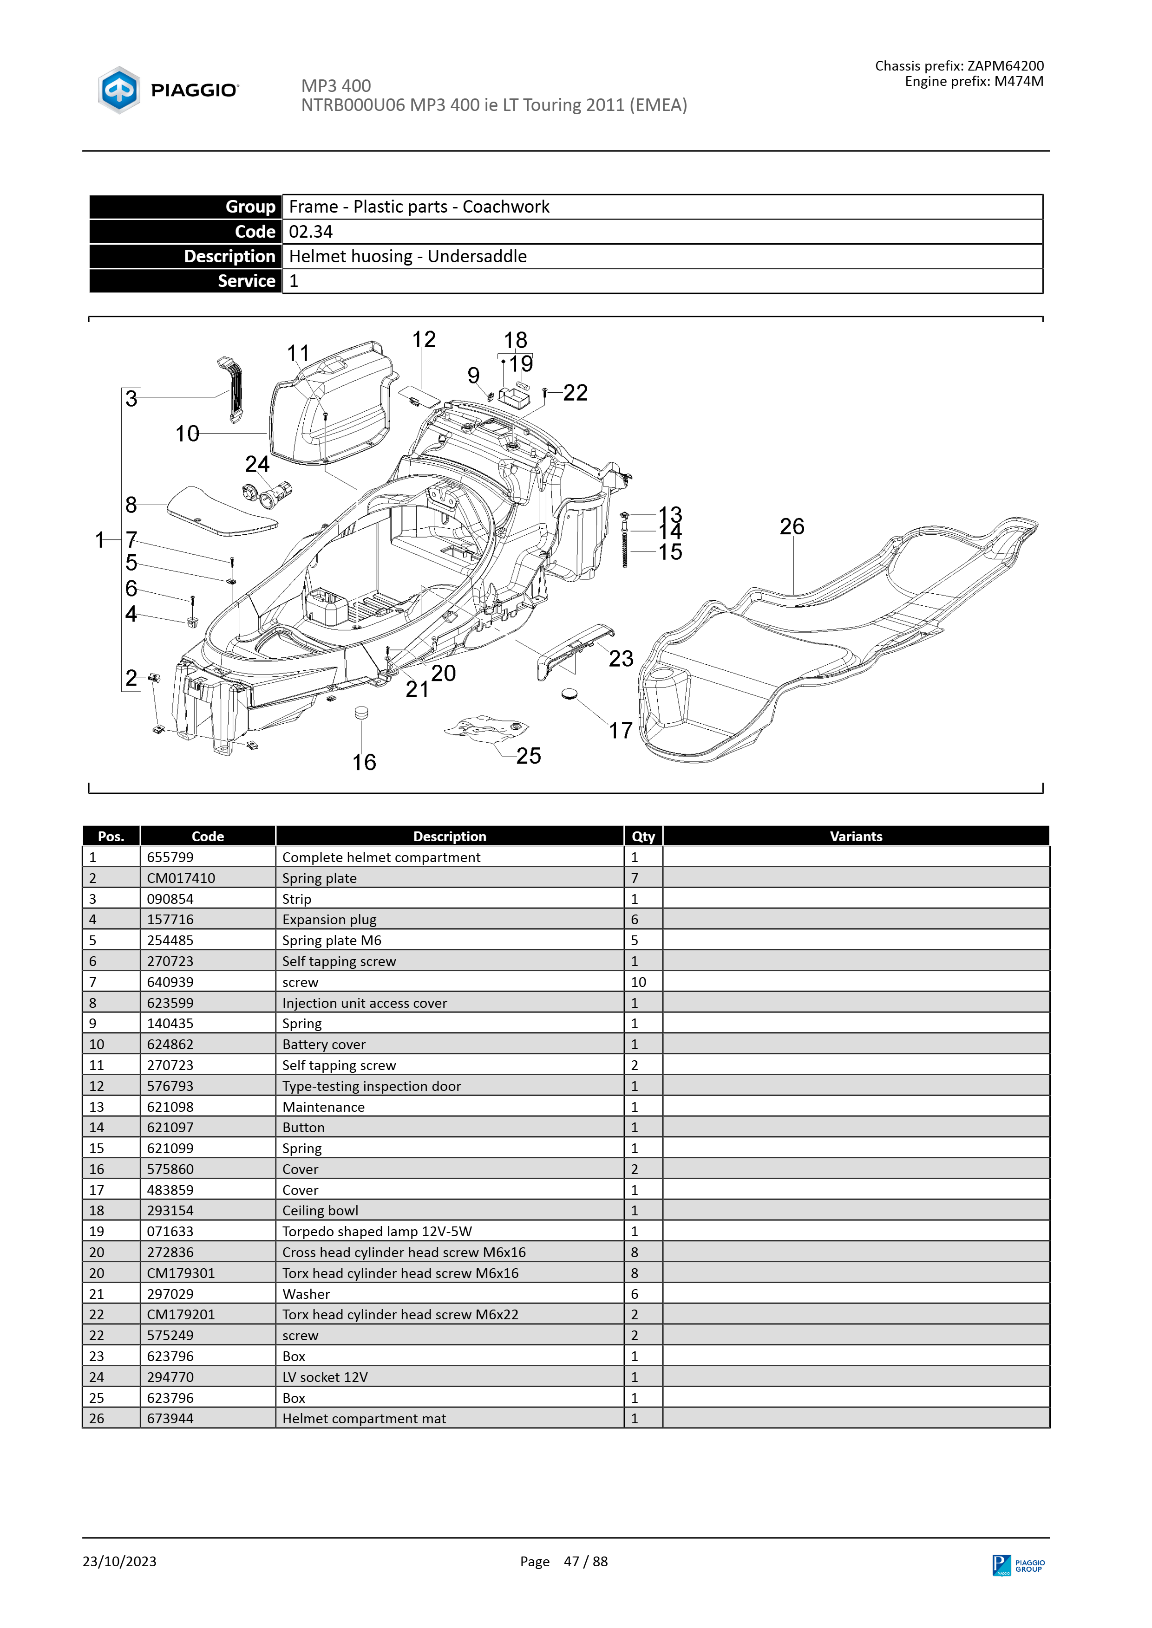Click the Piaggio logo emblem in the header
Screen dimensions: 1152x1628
click(119, 90)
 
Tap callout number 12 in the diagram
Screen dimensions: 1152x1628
click(424, 340)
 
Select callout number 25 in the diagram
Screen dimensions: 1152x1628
click(529, 756)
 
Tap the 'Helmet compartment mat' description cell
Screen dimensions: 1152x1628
click(450, 1418)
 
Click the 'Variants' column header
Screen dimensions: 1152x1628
click(856, 836)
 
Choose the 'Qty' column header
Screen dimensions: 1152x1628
click(643, 836)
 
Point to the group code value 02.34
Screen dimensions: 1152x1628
click(311, 232)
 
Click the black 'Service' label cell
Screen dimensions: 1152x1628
click(186, 281)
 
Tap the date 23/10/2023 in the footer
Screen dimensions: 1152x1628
click(119, 1561)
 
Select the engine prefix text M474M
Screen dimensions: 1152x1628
click(1019, 82)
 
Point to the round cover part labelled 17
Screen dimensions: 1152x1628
click(569, 694)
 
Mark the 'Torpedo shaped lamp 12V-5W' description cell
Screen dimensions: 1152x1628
click(450, 1231)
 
